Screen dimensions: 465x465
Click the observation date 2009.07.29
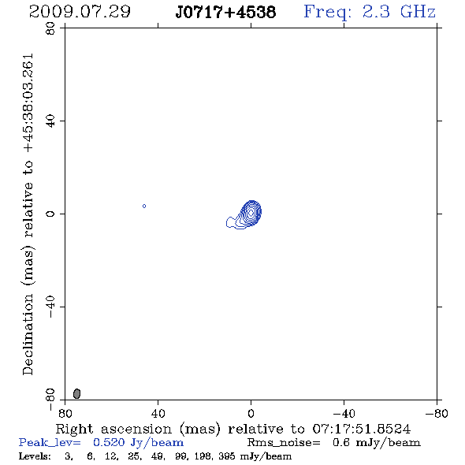80,12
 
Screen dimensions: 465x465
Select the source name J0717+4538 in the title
225,13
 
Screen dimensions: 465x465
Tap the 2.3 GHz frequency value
399,12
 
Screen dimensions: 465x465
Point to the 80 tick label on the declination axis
50,28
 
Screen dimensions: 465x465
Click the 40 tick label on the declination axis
50,121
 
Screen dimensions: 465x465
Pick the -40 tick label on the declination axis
50,307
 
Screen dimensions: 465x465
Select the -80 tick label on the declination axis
50,399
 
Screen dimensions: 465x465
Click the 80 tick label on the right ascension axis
65,414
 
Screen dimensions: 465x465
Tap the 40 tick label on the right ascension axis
158,414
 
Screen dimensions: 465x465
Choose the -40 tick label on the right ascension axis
344,414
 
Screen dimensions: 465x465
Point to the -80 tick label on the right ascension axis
437,414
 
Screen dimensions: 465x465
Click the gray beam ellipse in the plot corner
76,393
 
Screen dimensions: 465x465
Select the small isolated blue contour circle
144,206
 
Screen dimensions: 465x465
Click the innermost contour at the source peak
251,212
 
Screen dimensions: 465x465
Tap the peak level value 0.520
109,442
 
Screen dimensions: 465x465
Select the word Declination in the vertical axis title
28,334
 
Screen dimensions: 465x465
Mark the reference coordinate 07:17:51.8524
362,429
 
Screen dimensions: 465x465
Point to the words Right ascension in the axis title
113,429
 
